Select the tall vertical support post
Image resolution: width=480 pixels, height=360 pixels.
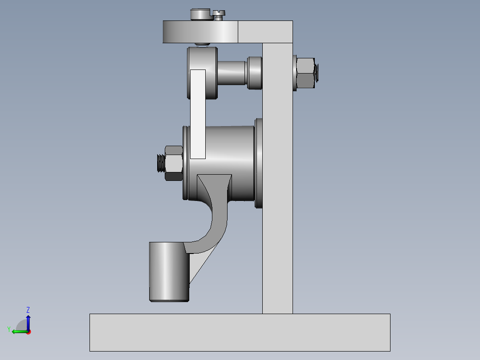(x=277, y=178)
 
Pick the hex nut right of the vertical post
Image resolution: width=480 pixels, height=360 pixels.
(x=305, y=72)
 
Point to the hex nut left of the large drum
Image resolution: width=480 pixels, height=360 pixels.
(x=174, y=163)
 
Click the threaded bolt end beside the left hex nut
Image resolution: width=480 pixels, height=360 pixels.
(x=161, y=163)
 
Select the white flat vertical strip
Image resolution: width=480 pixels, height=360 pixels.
(x=198, y=114)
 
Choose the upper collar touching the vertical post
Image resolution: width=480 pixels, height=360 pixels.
(x=255, y=73)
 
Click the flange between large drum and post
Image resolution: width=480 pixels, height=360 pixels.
(x=258, y=163)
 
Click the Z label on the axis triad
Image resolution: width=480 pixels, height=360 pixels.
(x=28, y=310)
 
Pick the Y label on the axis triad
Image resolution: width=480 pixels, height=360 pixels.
(x=8, y=329)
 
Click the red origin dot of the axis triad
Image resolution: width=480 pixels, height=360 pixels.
(x=28, y=331)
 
